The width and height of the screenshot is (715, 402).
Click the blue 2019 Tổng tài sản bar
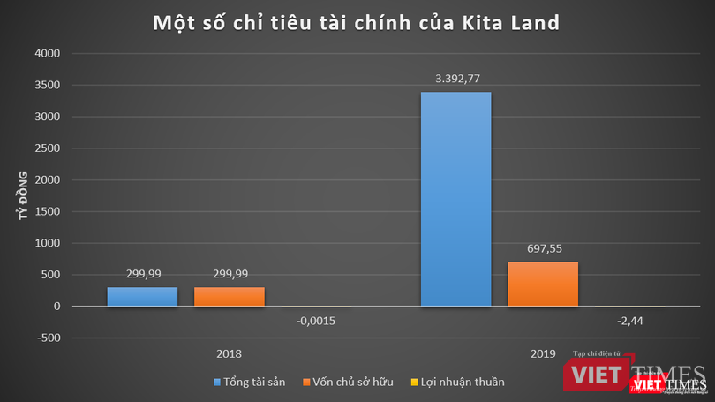click(x=455, y=199)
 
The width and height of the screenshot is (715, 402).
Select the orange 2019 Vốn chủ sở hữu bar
click(x=542, y=284)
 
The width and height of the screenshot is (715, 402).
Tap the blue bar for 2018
click(x=142, y=296)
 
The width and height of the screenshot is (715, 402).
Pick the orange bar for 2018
click(x=229, y=296)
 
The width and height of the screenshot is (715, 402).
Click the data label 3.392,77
click(x=456, y=79)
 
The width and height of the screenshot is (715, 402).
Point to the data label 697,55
click(x=543, y=249)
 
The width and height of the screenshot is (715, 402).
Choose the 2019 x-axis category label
click(x=543, y=353)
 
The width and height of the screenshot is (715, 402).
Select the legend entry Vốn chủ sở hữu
click(x=350, y=382)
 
